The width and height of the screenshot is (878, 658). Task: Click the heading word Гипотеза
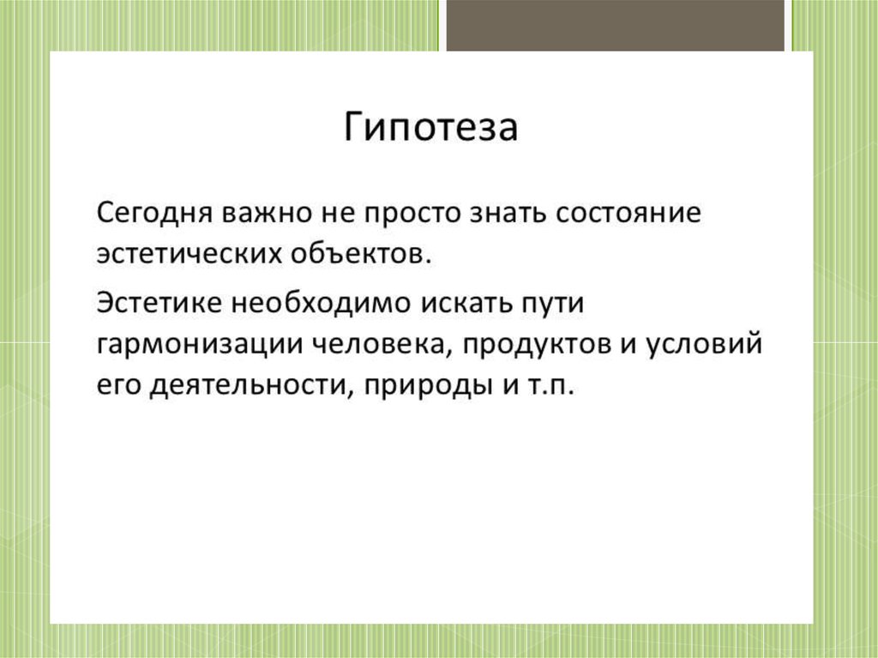coord(430,127)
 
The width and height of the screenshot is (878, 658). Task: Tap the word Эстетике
coord(159,303)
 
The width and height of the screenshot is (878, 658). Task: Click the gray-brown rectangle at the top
coord(616,25)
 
